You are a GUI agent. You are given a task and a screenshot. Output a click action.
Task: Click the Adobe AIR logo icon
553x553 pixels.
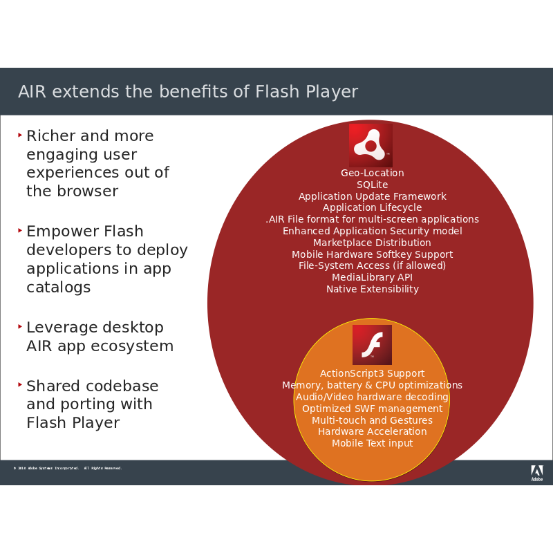coord(371,145)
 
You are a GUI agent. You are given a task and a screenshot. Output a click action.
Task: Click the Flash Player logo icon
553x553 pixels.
coord(372,344)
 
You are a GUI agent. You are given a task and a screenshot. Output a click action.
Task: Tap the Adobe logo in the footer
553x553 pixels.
coord(536,473)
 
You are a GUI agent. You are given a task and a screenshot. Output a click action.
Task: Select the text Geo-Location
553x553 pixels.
coord(372,173)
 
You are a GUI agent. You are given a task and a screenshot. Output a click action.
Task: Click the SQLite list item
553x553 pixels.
coord(372,185)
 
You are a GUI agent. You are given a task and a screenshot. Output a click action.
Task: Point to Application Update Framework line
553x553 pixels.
coord(372,196)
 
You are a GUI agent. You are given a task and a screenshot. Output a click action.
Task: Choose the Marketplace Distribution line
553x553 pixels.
coord(372,243)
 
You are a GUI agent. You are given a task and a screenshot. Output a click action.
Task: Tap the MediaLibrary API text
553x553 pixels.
coord(372,277)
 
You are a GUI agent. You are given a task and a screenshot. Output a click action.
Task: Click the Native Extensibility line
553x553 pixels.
coord(372,289)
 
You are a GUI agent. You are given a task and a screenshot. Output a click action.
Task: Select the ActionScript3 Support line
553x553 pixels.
coord(372,373)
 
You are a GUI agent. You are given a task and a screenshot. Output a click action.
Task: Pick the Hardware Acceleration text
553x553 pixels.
coord(372,431)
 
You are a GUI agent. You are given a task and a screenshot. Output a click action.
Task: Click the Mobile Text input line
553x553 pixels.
coord(372,443)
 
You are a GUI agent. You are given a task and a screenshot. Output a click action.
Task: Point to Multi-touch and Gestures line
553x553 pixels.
coord(372,420)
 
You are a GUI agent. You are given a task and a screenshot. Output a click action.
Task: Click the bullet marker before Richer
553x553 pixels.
coord(20,133)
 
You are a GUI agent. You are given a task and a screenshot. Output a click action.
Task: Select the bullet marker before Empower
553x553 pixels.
coord(20,229)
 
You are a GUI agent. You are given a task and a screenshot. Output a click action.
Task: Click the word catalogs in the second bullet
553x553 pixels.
coord(58,287)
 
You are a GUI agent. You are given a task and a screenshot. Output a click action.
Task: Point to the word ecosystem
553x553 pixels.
coord(129,346)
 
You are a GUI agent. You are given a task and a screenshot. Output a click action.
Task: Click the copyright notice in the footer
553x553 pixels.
coord(67,468)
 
